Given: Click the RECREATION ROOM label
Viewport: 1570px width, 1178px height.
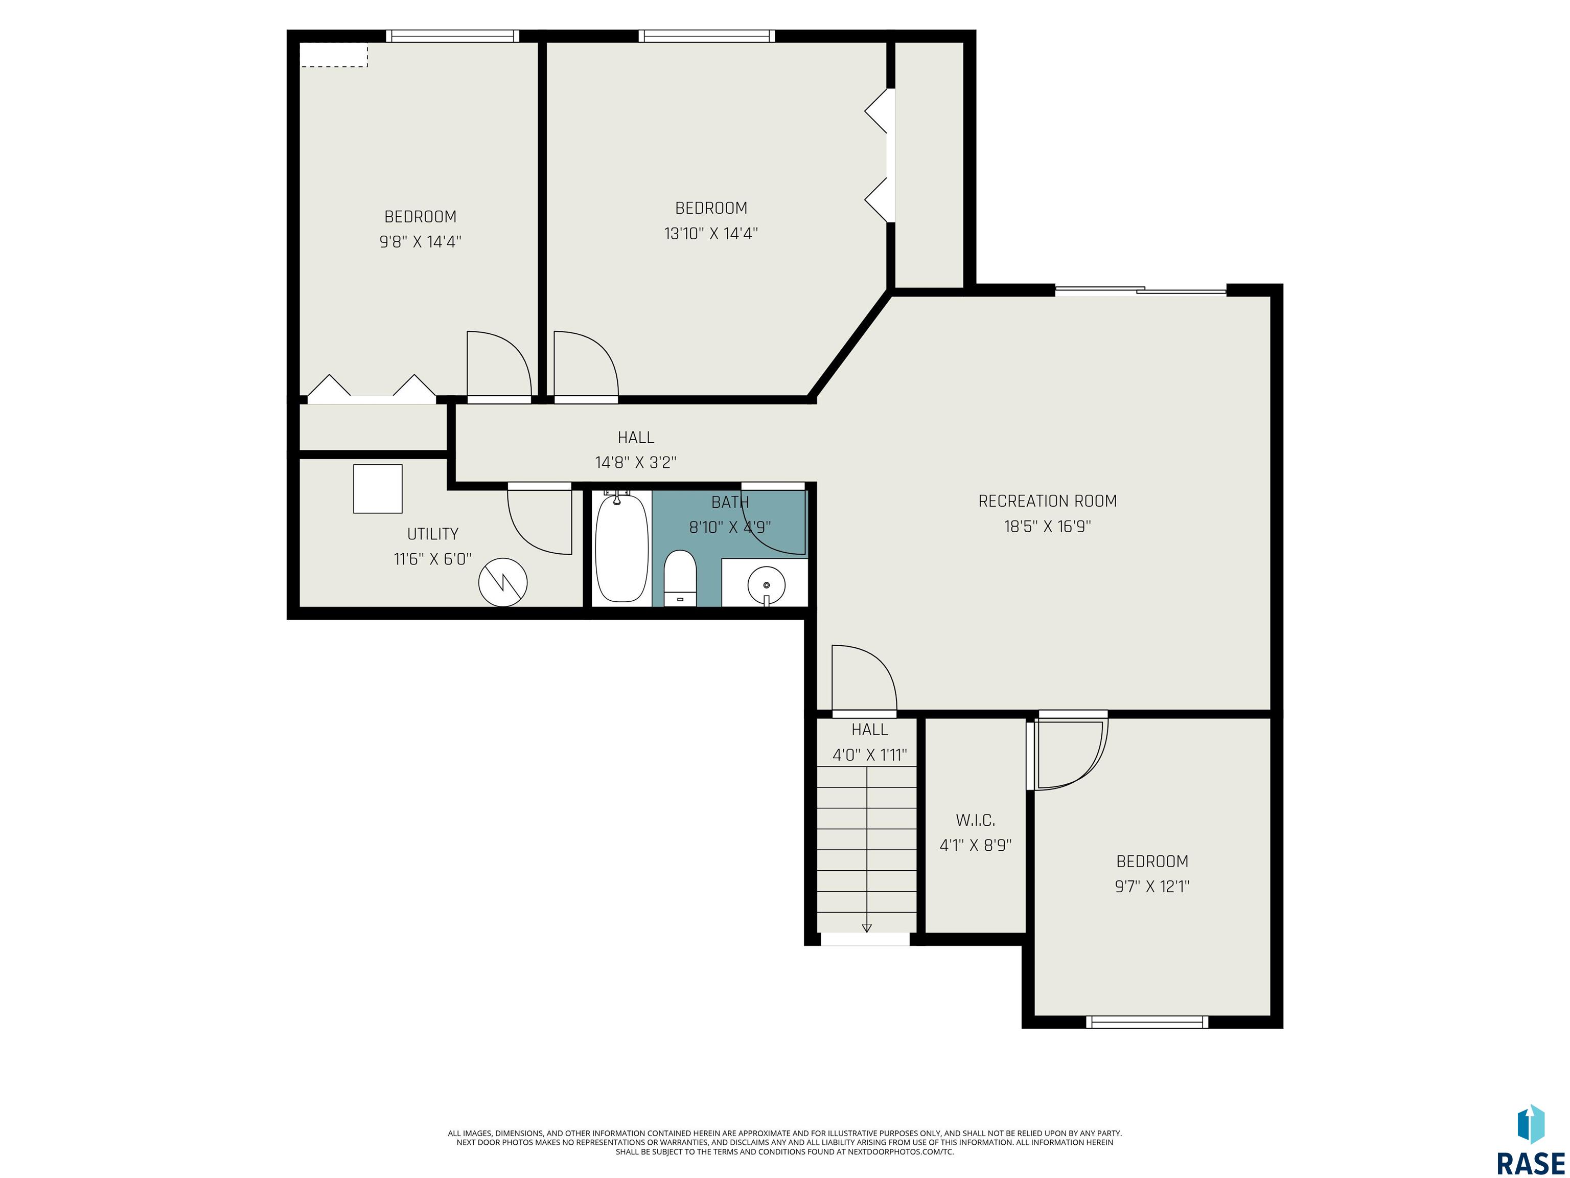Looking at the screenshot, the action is [x=1048, y=501].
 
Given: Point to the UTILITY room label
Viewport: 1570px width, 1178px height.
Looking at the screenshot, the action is [x=432, y=534].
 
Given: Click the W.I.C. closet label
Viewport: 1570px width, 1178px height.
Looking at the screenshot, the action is [x=975, y=820].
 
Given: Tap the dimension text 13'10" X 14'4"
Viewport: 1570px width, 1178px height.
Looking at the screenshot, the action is [x=711, y=234].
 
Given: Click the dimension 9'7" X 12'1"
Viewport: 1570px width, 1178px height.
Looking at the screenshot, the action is [x=1152, y=886].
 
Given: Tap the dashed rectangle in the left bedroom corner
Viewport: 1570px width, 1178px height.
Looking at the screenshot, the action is [x=334, y=55].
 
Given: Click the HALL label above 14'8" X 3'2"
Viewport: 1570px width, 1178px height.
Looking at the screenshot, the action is [x=636, y=437].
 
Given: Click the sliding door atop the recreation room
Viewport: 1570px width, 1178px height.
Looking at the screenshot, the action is [x=1141, y=290].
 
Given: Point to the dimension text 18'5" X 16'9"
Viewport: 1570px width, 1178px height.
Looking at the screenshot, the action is [x=1048, y=527].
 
